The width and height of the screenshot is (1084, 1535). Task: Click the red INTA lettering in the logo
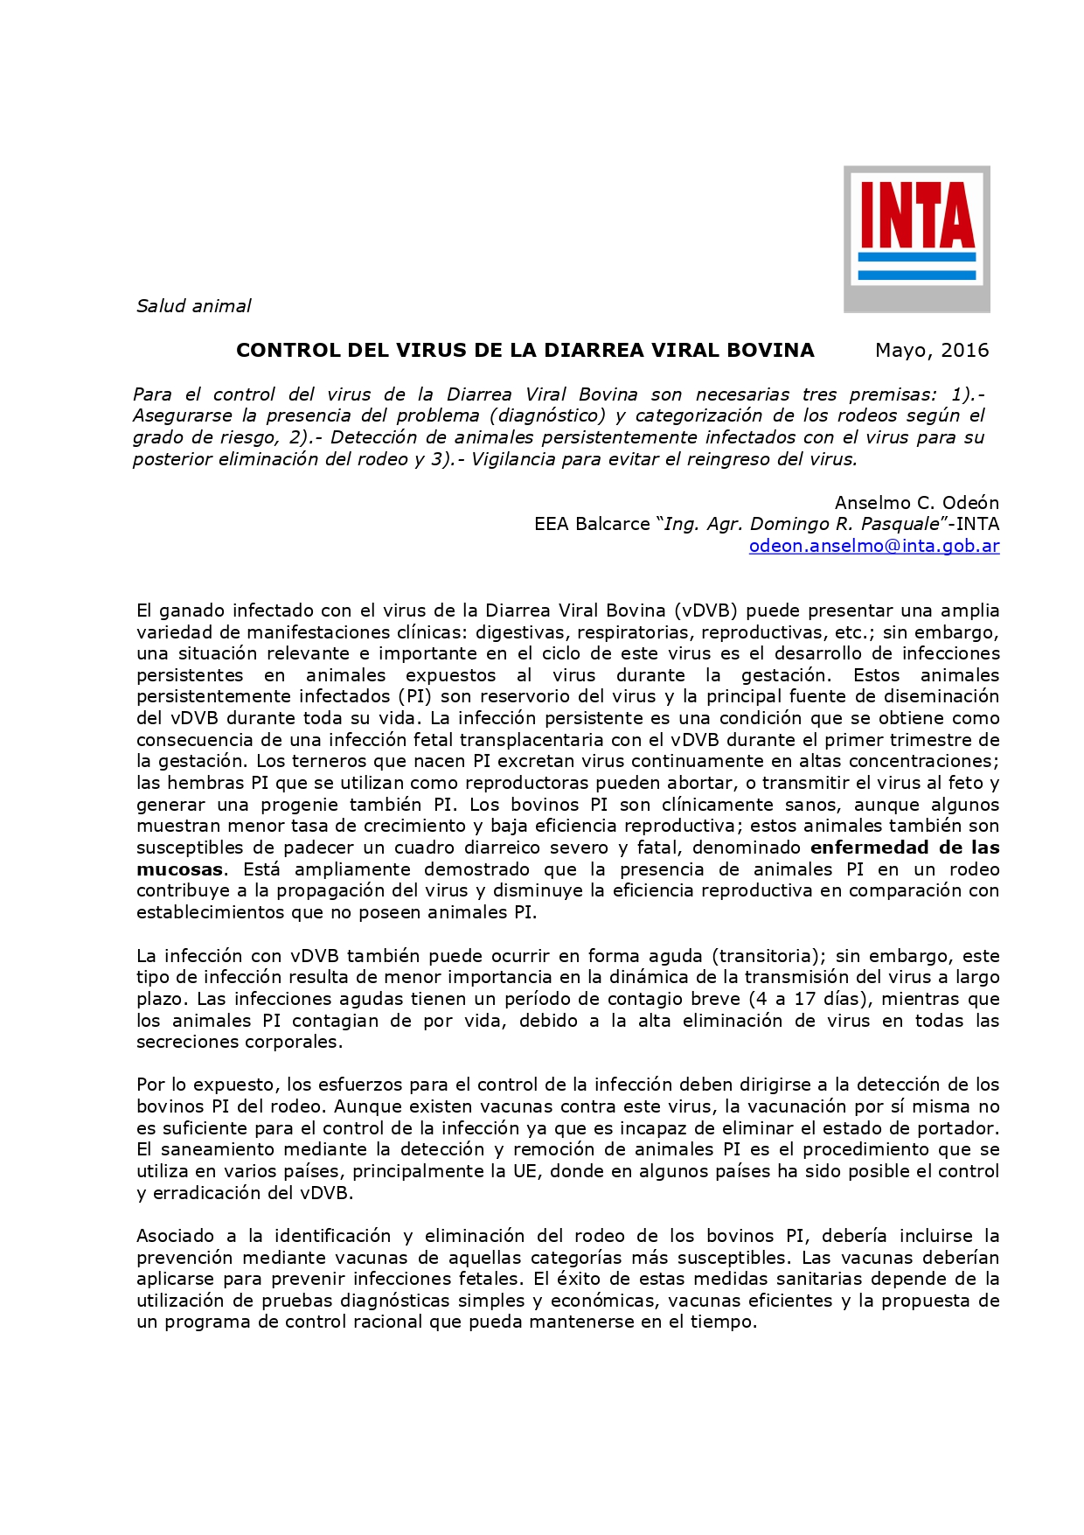[x=916, y=215]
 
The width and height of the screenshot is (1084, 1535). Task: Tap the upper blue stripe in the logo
[x=916, y=257]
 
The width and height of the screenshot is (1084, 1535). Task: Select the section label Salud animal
[x=193, y=306]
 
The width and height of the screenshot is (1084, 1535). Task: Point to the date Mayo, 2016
[x=932, y=351]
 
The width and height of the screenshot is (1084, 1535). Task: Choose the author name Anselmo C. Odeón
[x=916, y=503]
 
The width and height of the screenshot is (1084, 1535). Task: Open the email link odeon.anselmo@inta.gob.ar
[x=873, y=546]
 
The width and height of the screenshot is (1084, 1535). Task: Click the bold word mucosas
[x=179, y=869]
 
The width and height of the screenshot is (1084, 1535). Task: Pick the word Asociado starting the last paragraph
[x=175, y=1236]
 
